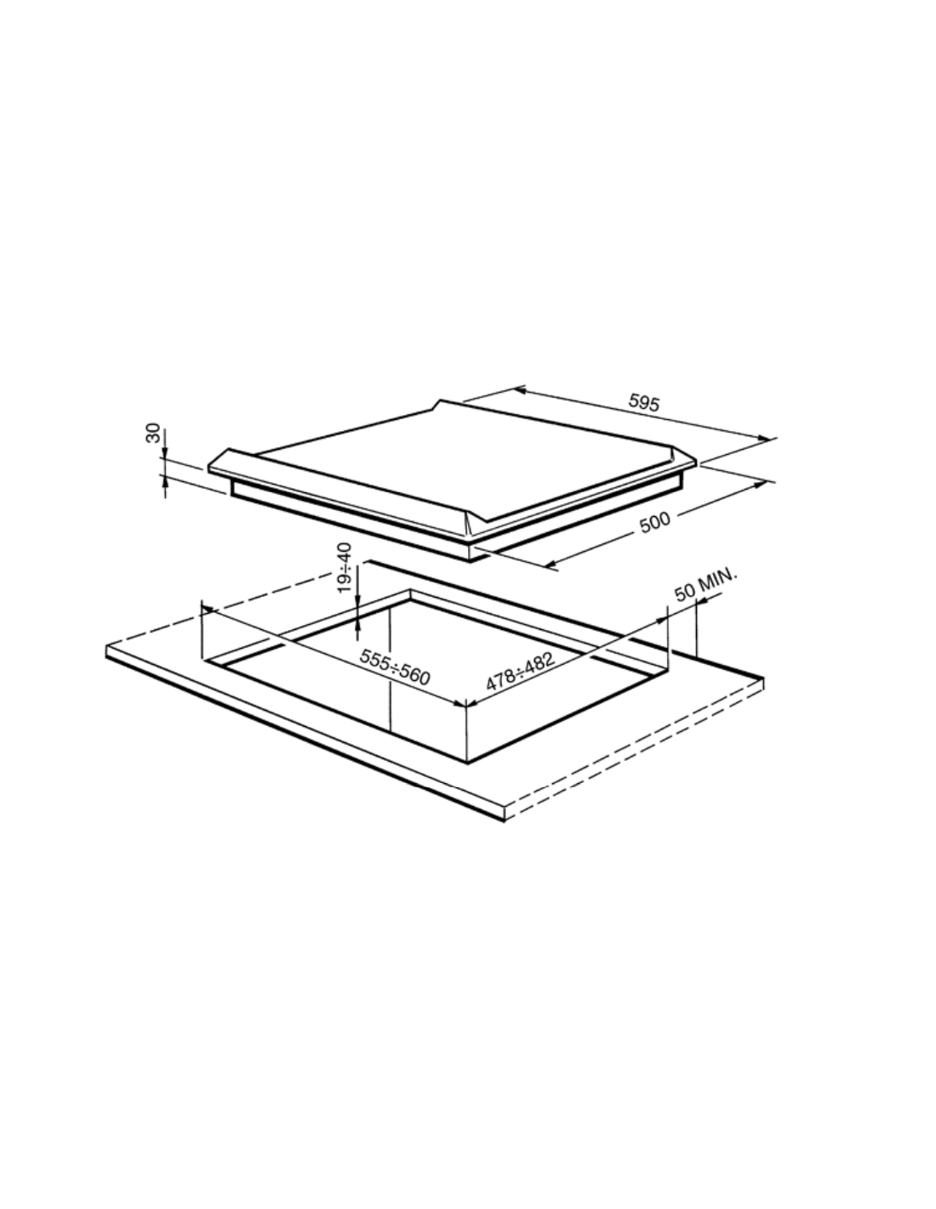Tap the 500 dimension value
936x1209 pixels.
tap(655, 522)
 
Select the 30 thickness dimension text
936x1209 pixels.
tap(153, 434)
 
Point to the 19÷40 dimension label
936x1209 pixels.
tap(345, 568)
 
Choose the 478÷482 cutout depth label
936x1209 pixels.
tap(521, 672)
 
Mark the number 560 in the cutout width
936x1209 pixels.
tap(414, 675)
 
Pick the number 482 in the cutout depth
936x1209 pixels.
tap(539, 662)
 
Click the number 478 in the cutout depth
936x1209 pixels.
tap(500, 680)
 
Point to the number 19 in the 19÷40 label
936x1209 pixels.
tap(345, 584)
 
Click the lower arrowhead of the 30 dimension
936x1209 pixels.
tap(165, 483)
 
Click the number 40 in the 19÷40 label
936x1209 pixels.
tap(345, 552)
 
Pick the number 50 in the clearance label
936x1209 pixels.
tap(685, 593)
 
